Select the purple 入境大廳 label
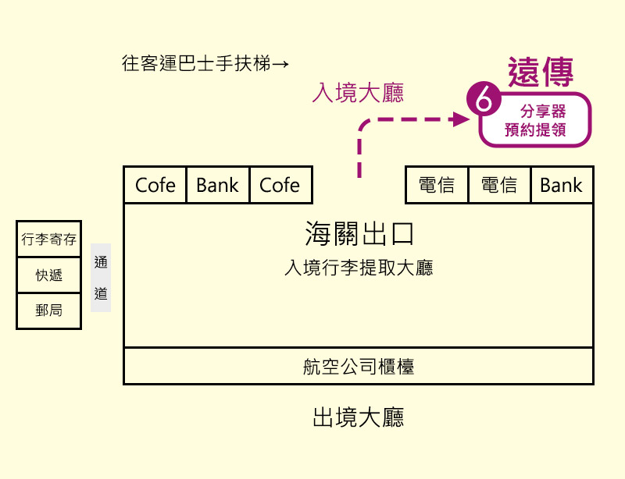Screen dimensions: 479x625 (x=357, y=93)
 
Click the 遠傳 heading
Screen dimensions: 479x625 (x=541, y=73)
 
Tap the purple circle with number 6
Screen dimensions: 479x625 (x=482, y=101)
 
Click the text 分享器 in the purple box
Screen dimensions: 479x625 (x=542, y=112)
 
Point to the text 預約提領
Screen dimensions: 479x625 (x=535, y=130)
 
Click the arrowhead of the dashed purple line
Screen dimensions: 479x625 (x=459, y=119)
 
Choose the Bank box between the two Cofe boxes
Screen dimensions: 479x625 (x=217, y=185)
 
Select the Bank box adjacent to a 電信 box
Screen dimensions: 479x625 (x=561, y=185)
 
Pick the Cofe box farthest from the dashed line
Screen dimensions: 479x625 (x=155, y=185)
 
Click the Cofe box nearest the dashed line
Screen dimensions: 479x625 (x=280, y=185)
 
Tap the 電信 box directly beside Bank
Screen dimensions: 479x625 (x=499, y=185)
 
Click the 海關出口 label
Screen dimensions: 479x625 (x=358, y=234)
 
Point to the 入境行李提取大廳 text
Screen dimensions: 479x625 (x=358, y=268)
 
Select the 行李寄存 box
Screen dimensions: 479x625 (x=49, y=239)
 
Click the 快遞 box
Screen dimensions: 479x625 (x=49, y=275)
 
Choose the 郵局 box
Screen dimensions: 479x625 (x=49, y=310)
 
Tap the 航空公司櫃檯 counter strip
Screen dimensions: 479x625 (x=358, y=366)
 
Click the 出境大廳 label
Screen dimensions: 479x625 (x=358, y=417)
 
